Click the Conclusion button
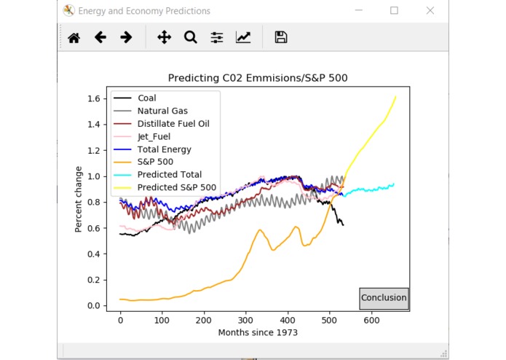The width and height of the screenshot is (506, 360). point(384,298)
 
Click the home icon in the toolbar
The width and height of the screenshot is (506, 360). point(74,37)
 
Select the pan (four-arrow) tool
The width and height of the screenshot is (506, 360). point(164,37)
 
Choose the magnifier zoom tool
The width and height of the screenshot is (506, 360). point(190,37)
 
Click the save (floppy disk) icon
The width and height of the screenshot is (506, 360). point(281,37)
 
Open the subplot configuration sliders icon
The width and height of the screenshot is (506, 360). point(216,37)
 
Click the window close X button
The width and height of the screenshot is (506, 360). point(430,11)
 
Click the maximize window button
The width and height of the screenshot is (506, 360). point(394,11)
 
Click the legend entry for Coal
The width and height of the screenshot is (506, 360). point(146,98)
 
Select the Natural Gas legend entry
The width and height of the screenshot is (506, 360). point(162,111)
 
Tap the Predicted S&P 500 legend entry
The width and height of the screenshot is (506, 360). point(177,187)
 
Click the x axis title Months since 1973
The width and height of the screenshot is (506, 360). point(258,333)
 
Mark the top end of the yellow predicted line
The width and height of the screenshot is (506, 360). point(395,96)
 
